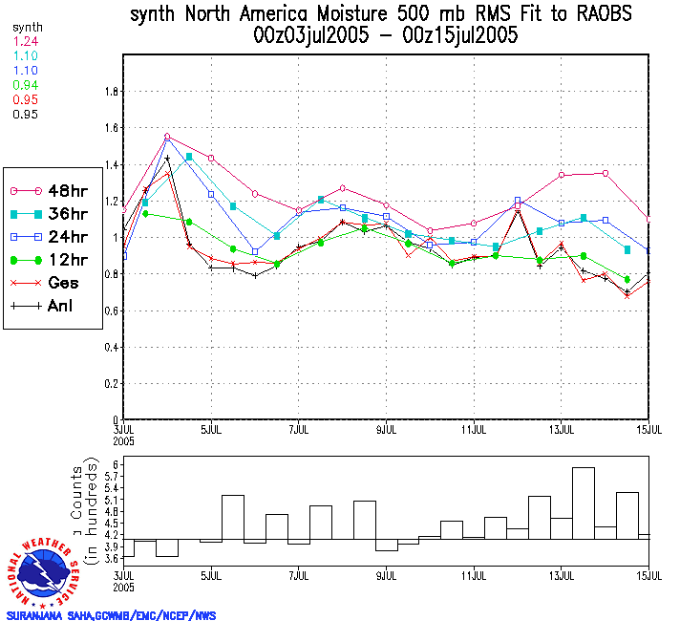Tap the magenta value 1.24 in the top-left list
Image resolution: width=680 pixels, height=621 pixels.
click(25, 42)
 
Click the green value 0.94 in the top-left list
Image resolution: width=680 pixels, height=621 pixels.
click(25, 85)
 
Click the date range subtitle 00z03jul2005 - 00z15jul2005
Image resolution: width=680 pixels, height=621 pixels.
click(386, 36)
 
